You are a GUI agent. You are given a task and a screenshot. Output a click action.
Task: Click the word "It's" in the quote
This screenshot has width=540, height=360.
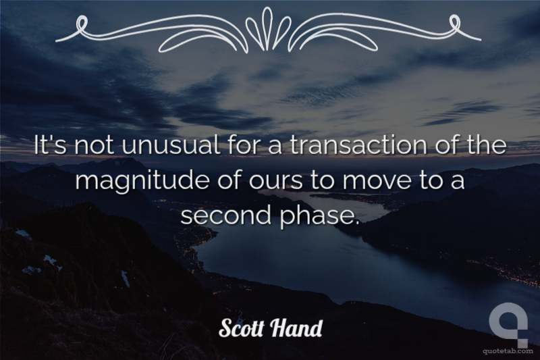click(51, 145)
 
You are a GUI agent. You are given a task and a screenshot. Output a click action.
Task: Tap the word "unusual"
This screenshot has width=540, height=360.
click(171, 145)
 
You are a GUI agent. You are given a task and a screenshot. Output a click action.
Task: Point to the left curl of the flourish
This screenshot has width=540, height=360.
click(81, 24)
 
